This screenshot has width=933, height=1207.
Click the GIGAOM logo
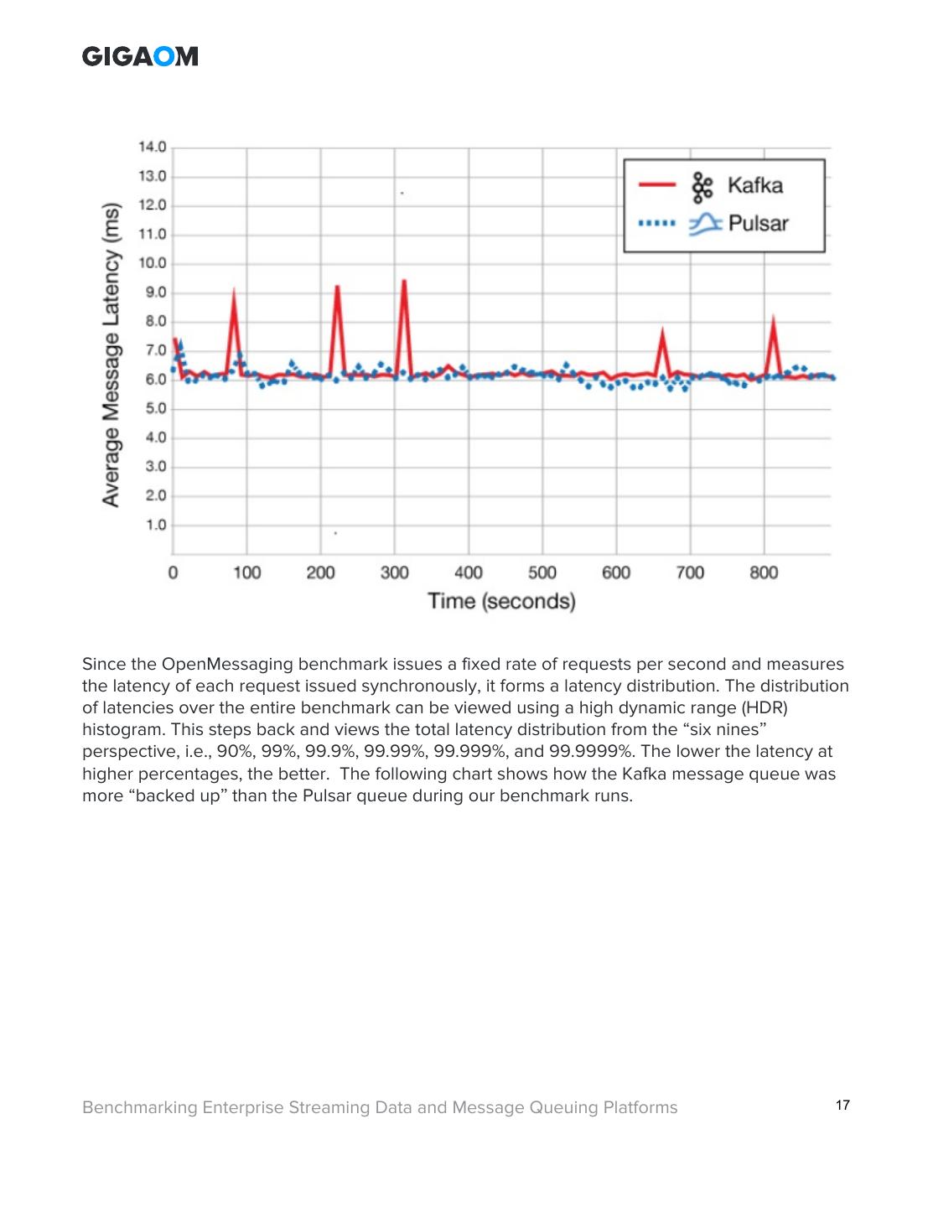tap(140, 56)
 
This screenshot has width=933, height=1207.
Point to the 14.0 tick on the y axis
tap(153, 148)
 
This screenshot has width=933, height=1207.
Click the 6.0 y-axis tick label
tap(155, 380)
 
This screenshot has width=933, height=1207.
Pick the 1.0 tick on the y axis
tap(156, 526)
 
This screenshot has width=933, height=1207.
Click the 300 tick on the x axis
tap(394, 573)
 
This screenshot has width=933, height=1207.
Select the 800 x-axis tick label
tap(764, 573)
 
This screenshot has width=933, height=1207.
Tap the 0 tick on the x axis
tap(173, 573)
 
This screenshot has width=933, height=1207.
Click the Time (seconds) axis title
tap(501, 601)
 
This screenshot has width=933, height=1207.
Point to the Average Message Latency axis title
tap(111, 354)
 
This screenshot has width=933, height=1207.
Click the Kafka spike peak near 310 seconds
tap(404, 281)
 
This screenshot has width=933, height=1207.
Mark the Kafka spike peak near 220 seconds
tap(337, 287)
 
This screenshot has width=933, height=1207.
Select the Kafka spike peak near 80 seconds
tap(234, 290)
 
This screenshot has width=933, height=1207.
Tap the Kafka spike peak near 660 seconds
tap(662, 329)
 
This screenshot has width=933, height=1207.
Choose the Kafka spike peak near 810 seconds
tap(773, 316)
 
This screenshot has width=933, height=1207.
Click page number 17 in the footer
tap(842, 1106)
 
